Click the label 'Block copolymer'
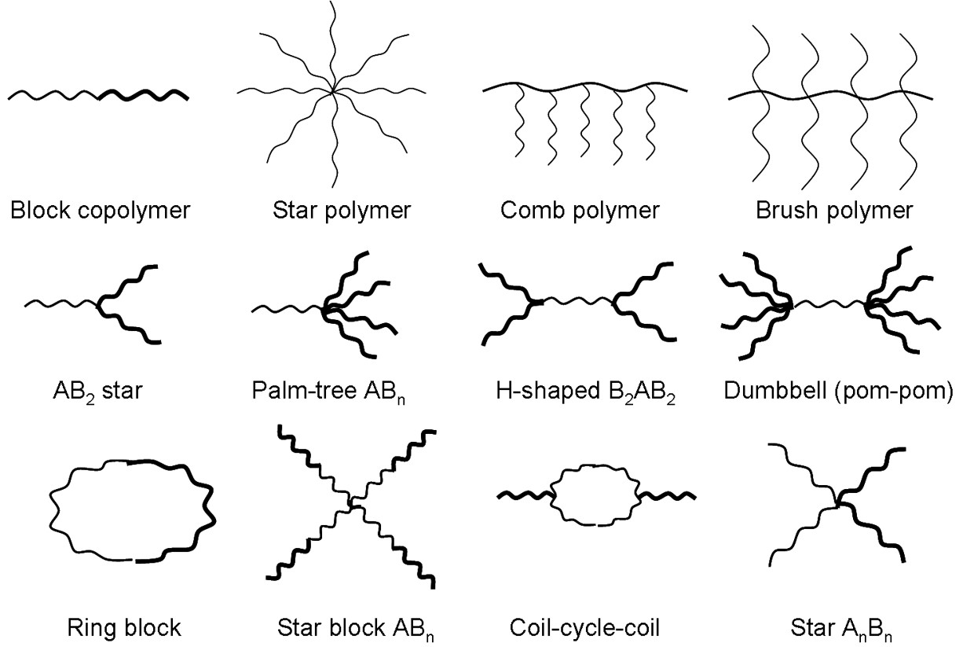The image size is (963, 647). tap(100, 211)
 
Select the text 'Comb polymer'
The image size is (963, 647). tap(579, 211)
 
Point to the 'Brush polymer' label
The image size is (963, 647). tap(833, 211)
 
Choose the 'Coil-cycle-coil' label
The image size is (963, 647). tap(584, 628)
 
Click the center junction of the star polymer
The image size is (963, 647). tap(334, 92)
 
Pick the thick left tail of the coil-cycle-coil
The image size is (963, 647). tap(525, 495)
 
